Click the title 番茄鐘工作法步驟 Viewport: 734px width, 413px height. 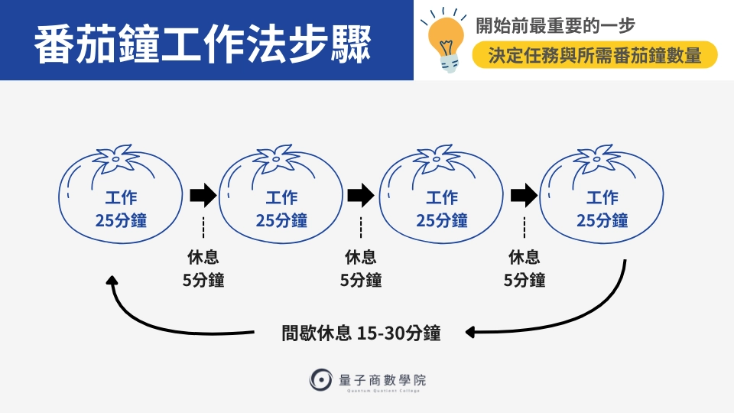(x=203, y=44)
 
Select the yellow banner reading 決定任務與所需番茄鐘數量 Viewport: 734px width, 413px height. (x=595, y=55)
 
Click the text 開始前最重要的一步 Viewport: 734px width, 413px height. (x=555, y=25)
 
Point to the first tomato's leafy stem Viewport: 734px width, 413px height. (x=116, y=158)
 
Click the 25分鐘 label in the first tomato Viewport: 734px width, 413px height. (x=121, y=220)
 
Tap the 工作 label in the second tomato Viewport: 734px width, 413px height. (x=281, y=197)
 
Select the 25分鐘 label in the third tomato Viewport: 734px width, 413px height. (x=442, y=220)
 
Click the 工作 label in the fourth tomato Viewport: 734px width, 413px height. (x=602, y=197)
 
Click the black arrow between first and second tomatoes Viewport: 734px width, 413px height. (x=203, y=195)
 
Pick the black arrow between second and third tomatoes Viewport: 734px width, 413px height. (x=360, y=195)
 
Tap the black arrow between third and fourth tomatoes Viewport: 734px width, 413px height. (x=524, y=195)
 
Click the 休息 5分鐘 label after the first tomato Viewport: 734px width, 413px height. (x=203, y=268)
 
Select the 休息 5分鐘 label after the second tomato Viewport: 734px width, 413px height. (x=360, y=268)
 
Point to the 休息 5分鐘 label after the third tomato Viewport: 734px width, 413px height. (x=525, y=268)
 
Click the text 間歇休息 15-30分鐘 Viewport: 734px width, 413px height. (x=361, y=333)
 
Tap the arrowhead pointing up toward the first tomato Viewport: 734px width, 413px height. (x=112, y=280)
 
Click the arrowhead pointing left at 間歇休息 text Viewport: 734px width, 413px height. (x=470, y=333)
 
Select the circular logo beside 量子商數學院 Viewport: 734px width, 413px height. (x=320, y=379)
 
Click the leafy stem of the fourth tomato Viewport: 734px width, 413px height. (x=597, y=158)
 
